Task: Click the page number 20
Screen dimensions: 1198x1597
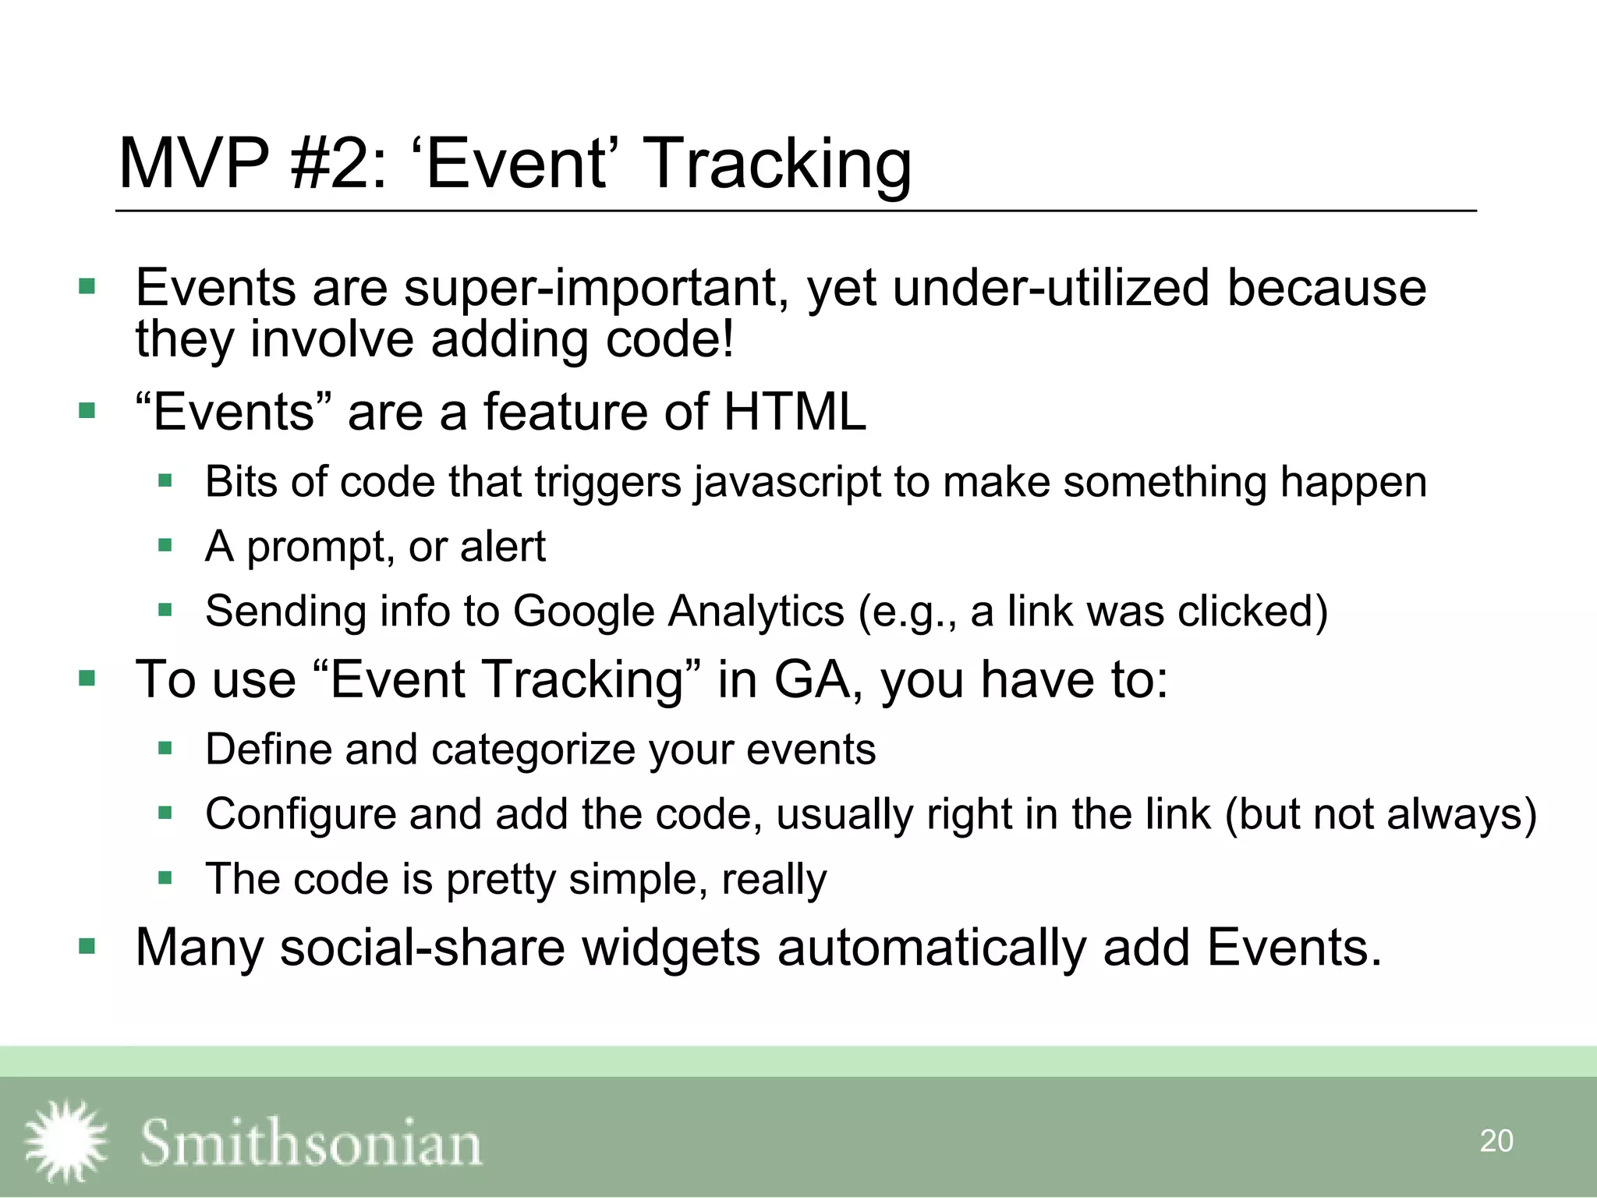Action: click(1496, 1141)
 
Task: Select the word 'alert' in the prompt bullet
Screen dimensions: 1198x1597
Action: click(502, 546)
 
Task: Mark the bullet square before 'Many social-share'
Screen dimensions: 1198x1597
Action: click(87, 947)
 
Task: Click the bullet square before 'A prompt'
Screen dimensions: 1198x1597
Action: click(165, 545)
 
